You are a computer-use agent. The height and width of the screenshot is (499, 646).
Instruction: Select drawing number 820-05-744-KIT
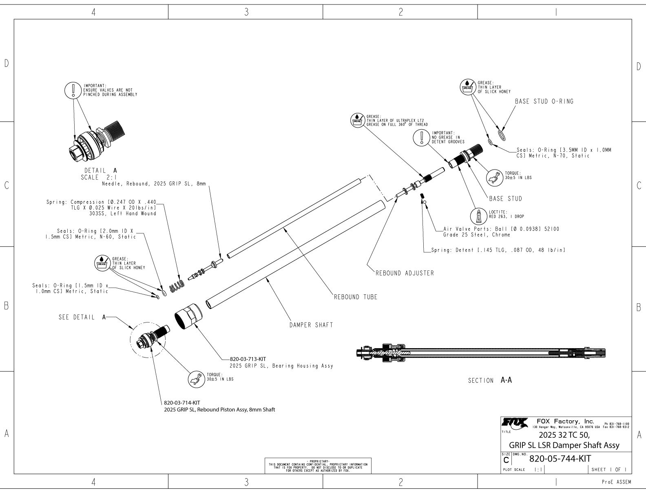pyautogui.click(x=560, y=459)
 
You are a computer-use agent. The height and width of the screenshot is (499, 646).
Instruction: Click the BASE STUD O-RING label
pyautogui.click(x=544, y=102)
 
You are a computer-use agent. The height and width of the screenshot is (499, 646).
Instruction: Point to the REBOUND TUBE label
pyautogui.click(x=356, y=297)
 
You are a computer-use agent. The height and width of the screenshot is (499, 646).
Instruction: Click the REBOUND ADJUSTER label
pyautogui.click(x=405, y=273)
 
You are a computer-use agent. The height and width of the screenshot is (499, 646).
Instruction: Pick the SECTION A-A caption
pyautogui.click(x=489, y=380)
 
